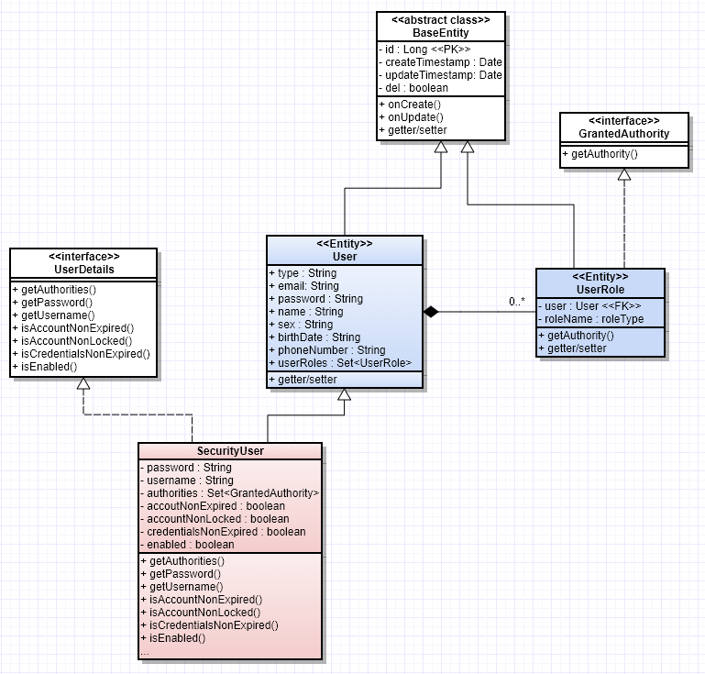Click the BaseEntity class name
click(x=440, y=33)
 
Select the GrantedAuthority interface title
click(x=623, y=134)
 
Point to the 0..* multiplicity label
click(x=516, y=301)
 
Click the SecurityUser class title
click(x=230, y=451)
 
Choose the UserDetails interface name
click(x=83, y=270)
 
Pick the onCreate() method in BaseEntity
click(x=410, y=104)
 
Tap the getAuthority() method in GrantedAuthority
click(x=604, y=154)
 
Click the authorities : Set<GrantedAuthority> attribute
click(x=229, y=493)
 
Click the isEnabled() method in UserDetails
click(x=45, y=367)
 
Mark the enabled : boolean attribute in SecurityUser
click(x=187, y=545)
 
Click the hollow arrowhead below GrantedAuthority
click(x=624, y=175)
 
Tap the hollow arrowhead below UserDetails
click(x=83, y=386)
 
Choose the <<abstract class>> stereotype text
click(x=440, y=19)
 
